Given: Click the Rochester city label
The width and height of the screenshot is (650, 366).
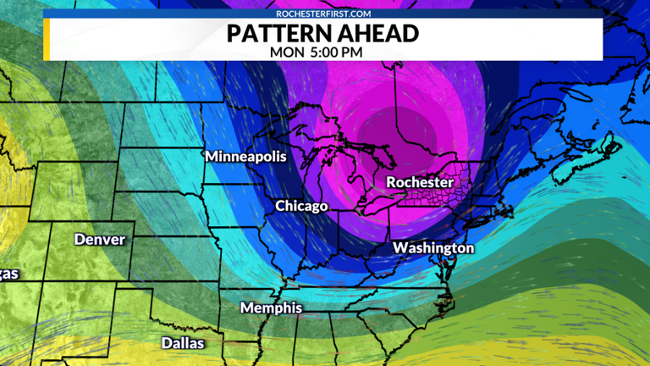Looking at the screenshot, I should tap(420, 182).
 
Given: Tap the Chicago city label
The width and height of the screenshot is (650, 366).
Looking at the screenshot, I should tap(301, 206).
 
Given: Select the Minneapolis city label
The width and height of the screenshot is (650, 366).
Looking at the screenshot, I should tap(245, 157).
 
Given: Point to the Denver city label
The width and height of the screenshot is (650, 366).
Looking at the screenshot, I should tap(100, 239).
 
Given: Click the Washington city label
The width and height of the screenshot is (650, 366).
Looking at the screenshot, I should tap(433, 247).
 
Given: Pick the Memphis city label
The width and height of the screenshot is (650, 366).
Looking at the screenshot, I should tap(271, 308).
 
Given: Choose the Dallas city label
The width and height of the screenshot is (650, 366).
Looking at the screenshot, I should tap(184, 343).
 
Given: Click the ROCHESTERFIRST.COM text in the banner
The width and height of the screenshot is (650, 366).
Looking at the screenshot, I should tap(324, 14).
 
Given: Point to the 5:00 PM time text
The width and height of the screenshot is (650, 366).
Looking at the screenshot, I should tap(341, 51).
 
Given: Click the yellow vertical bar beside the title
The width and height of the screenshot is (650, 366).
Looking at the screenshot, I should tap(47, 39).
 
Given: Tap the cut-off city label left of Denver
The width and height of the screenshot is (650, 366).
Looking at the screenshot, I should tap(8, 273).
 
